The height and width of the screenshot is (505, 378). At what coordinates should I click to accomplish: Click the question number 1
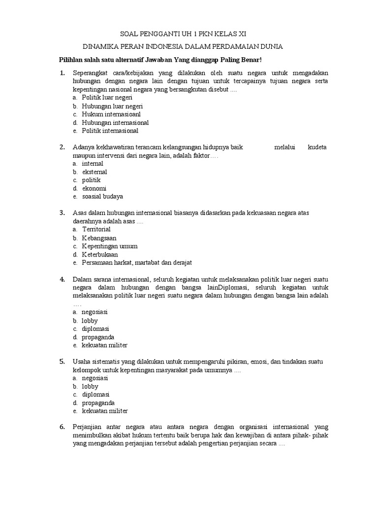(62, 73)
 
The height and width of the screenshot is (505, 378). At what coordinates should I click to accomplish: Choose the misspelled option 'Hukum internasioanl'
(111, 114)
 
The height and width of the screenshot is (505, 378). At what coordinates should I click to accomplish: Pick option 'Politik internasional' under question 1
(110, 131)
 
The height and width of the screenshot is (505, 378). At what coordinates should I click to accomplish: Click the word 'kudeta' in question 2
(317, 147)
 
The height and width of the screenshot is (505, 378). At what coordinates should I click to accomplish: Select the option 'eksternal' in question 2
(94, 172)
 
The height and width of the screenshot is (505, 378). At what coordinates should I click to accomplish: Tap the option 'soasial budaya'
(102, 196)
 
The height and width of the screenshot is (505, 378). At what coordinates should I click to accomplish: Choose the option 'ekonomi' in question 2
(94, 188)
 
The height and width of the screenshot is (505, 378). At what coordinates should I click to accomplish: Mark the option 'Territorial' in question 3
(96, 229)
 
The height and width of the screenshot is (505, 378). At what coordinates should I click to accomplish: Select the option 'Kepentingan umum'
(109, 246)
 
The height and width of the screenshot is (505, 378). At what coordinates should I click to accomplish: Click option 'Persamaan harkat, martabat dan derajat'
(136, 262)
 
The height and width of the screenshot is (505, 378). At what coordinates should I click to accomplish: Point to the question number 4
(62, 279)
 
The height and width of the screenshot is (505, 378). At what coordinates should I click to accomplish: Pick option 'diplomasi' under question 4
(95, 328)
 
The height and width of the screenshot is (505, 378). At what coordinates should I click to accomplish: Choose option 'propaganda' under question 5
(98, 402)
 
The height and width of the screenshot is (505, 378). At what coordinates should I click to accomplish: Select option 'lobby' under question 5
(90, 386)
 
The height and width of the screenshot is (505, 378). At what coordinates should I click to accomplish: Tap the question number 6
(62, 427)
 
